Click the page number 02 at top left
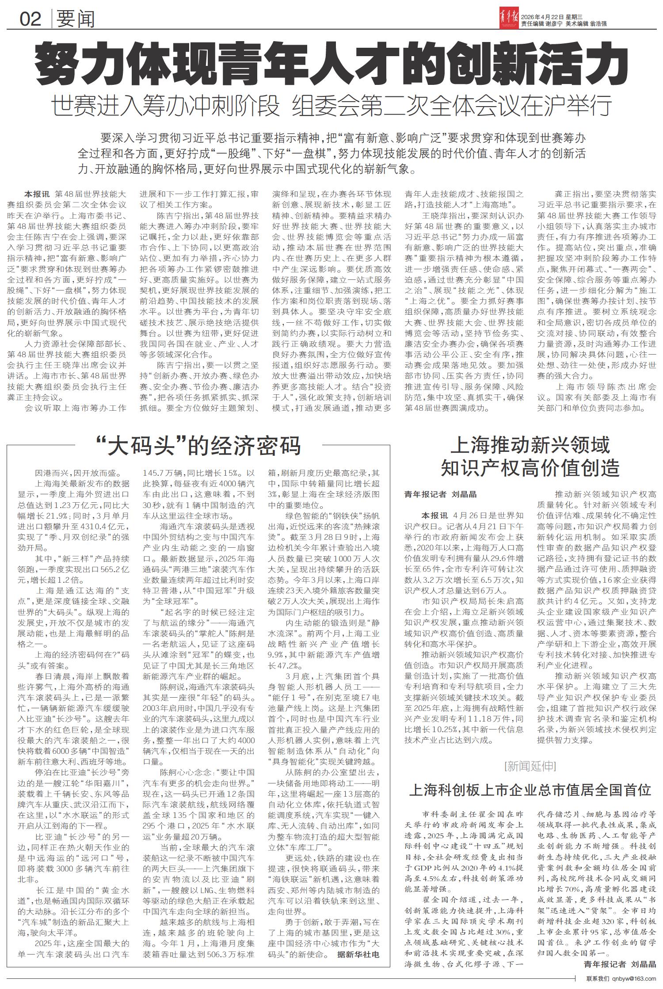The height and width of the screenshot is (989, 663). tap(30, 19)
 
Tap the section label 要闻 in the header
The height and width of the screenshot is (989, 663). tap(76, 19)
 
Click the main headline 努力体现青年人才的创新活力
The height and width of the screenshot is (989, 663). tap(331, 62)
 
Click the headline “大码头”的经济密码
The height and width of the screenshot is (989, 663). tap(198, 446)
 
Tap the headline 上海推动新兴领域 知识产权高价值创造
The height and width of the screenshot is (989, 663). tap(530, 456)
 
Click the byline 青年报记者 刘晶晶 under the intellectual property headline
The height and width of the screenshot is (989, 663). tap(441, 495)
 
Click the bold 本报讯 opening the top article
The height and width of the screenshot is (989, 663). tap(38, 194)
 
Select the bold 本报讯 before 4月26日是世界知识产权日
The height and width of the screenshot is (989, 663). tap(434, 516)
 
